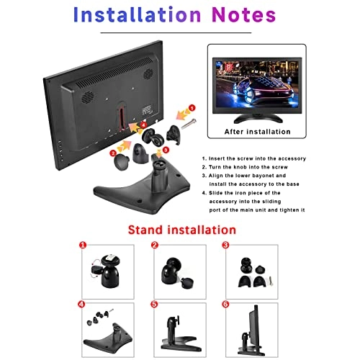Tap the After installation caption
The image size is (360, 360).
(256, 132)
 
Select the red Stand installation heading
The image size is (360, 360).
(181, 230)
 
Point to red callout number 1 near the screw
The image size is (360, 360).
(192, 108)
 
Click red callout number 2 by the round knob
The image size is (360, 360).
(114, 153)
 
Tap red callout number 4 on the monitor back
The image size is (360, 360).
(144, 125)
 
